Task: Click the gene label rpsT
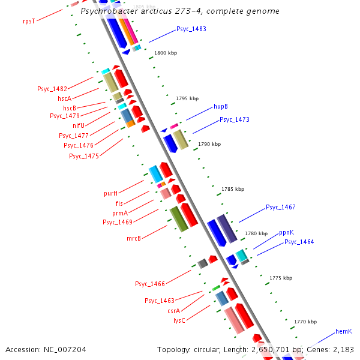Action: pos(29,20)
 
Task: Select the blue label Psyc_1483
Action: pos(191,29)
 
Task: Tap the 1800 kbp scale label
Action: pos(166,53)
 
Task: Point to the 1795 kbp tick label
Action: pos(187,98)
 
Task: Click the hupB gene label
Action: pos(221,106)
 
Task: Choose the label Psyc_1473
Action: pos(235,119)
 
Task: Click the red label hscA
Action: pos(64,98)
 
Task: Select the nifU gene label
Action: pos(79,125)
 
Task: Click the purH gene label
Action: pos(110,193)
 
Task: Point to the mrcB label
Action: pos(133,238)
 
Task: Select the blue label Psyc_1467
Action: pos(281,207)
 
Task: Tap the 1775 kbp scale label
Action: pos(281,278)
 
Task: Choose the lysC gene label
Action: pos(179,320)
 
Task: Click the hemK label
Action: pos(343,331)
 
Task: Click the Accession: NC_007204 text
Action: pos(46,349)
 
